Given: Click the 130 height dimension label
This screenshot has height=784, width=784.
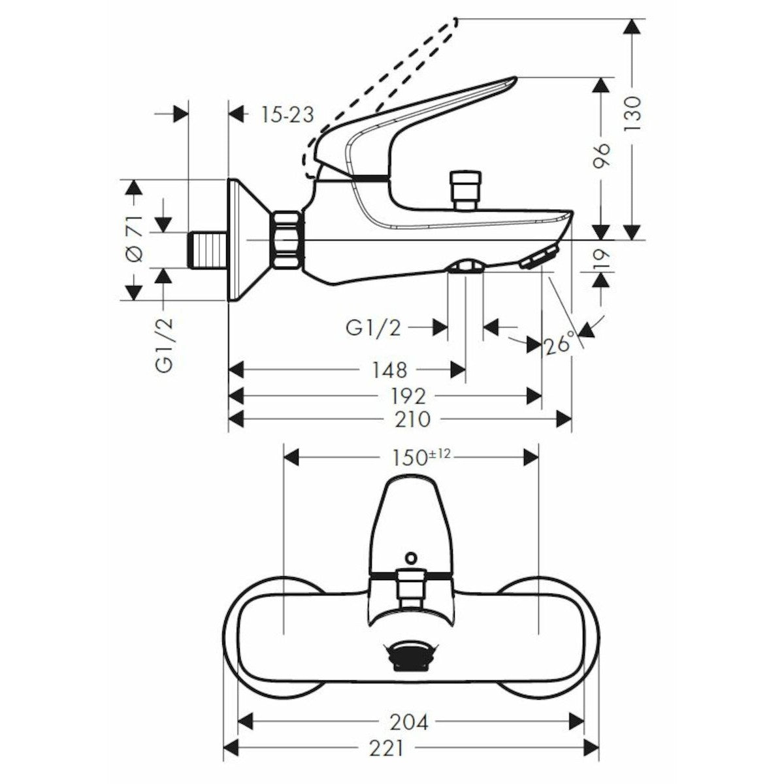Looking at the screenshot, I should pyautogui.click(x=632, y=116).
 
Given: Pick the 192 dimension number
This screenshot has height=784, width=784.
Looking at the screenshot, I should pyautogui.click(x=409, y=396).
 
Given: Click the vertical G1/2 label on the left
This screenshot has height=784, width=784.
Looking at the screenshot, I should pyautogui.click(x=165, y=345).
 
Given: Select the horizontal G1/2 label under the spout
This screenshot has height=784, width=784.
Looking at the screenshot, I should pyautogui.click(x=373, y=327).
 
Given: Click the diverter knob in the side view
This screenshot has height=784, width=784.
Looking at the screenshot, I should pyautogui.click(x=466, y=188).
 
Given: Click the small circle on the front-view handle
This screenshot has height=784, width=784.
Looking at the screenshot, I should pyautogui.click(x=410, y=557).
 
